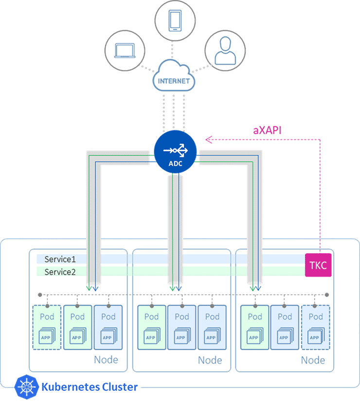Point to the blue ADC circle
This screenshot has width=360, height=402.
[175, 151]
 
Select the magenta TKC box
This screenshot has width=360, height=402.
[318, 265]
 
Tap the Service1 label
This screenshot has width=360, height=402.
[60, 259]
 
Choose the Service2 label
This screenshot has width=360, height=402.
[60, 272]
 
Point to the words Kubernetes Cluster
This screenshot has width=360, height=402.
[90, 387]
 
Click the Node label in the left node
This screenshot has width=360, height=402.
[106, 360]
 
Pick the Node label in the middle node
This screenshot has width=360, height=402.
[210, 360]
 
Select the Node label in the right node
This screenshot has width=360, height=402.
[313, 360]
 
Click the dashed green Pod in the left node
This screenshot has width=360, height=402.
[47, 327]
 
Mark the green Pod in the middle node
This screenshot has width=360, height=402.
[151, 327]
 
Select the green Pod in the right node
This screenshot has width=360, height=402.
[254, 327]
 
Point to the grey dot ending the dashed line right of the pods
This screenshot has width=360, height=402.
[327, 295]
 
